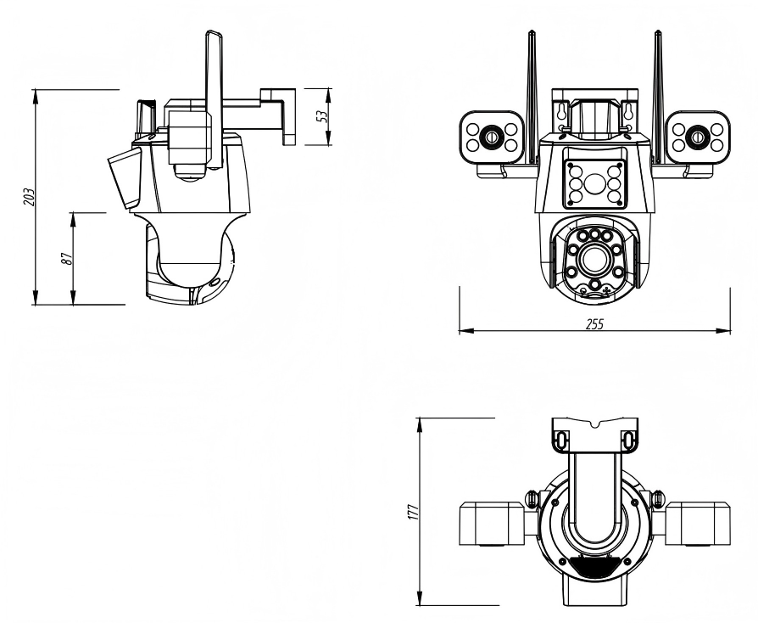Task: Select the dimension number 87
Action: (x=65, y=258)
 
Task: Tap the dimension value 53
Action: (x=321, y=116)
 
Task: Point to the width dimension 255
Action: (x=594, y=323)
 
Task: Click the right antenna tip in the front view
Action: (x=656, y=34)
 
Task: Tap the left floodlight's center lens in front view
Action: (x=490, y=136)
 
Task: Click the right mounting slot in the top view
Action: (x=628, y=439)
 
